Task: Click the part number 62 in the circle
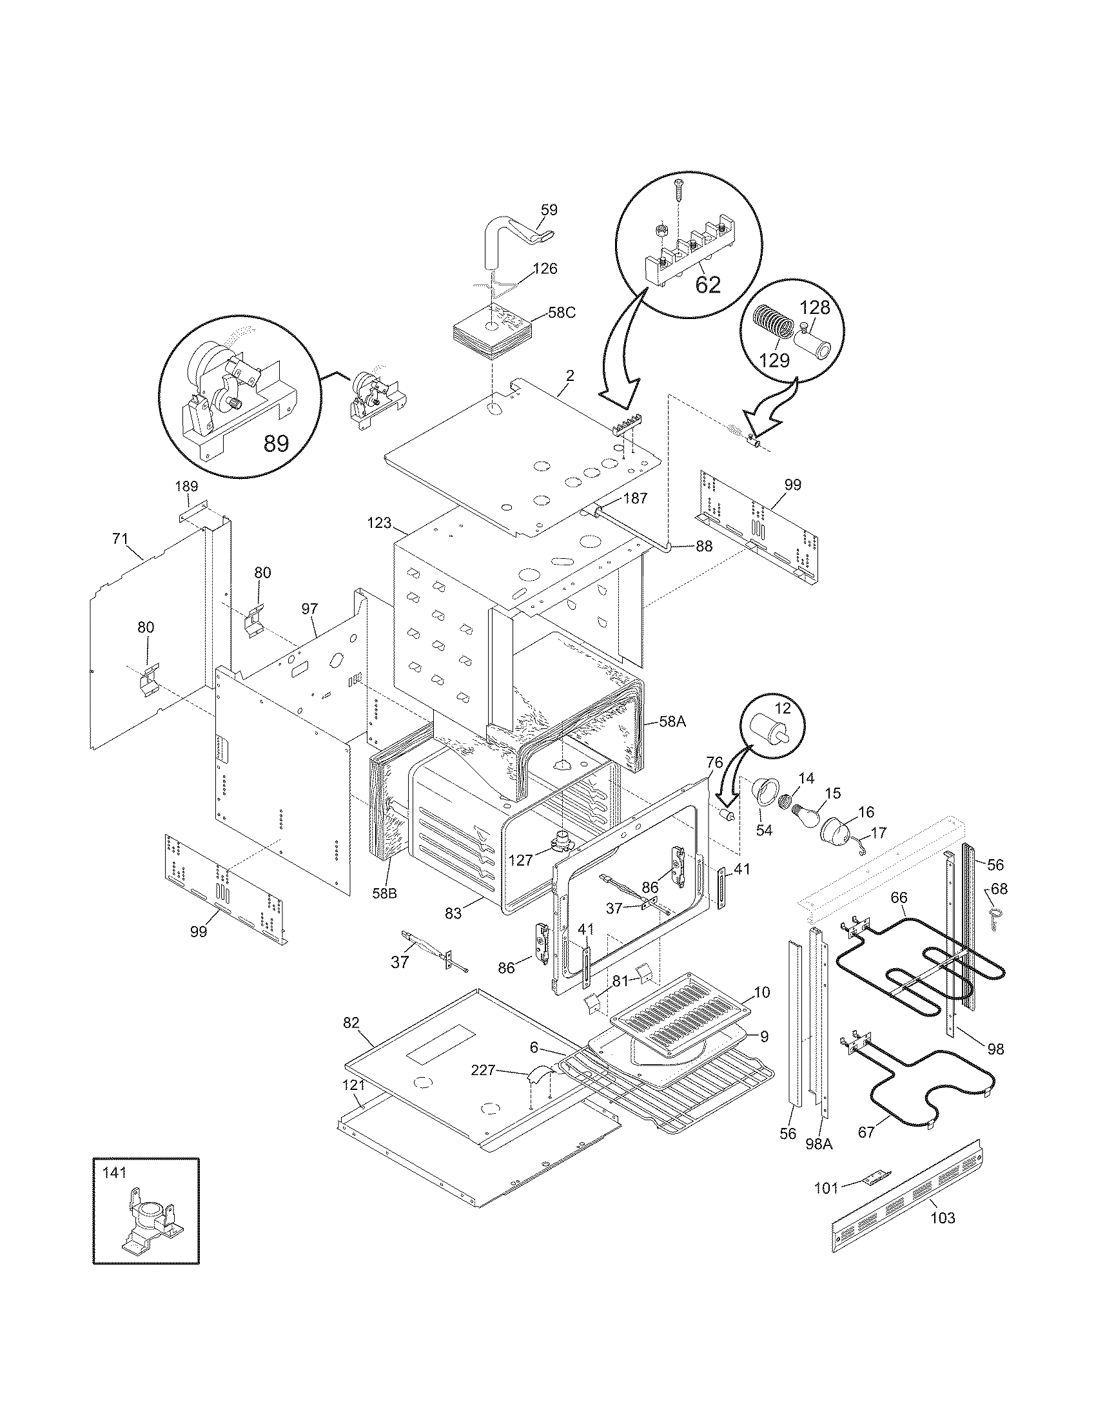point(707,284)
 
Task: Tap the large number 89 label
point(276,443)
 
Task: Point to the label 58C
point(562,313)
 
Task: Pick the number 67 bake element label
point(866,1132)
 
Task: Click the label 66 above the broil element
point(899,897)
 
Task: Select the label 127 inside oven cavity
point(520,860)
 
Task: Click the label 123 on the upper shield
point(380,522)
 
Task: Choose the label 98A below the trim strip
point(819,1143)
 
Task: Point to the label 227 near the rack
point(483,1070)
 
